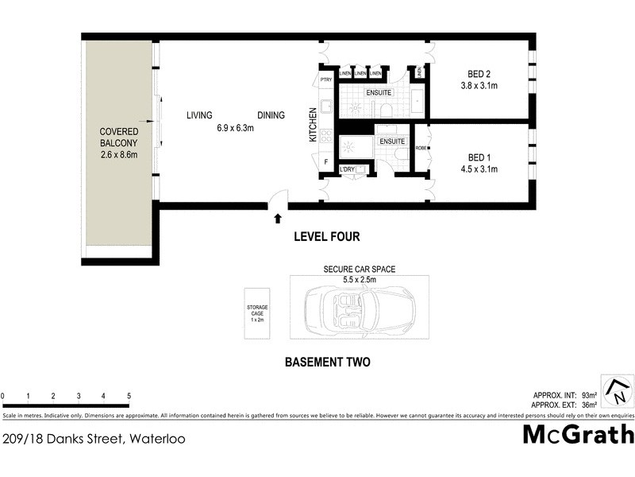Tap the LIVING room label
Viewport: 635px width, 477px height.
(199, 115)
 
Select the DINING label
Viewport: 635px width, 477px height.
(271, 115)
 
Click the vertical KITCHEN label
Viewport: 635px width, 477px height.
(313, 125)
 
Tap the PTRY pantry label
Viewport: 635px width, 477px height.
(325, 79)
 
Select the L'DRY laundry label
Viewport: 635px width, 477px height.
(347, 169)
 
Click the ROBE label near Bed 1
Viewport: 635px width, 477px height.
(421, 148)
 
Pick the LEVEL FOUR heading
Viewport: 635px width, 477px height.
(326, 236)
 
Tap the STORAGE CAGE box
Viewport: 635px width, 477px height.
(256, 313)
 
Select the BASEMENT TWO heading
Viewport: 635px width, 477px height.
(327, 363)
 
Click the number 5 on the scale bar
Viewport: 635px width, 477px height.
(129, 395)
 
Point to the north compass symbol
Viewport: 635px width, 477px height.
(618, 391)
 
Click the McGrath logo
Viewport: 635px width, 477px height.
(578, 434)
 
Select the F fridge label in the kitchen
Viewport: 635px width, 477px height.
(325, 163)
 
